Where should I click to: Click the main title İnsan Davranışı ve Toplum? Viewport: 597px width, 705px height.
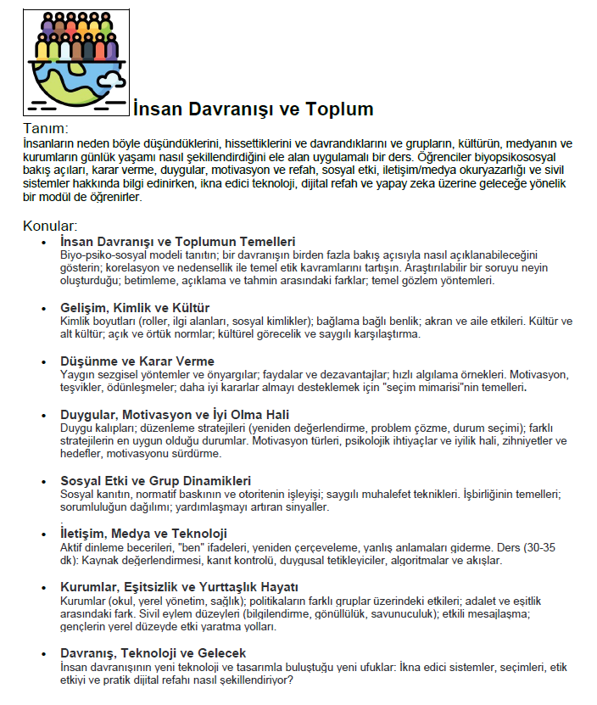(x=253, y=109)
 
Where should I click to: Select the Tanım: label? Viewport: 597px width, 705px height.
(x=45, y=128)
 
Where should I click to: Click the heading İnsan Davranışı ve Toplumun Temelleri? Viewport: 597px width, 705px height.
(x=178, y=242)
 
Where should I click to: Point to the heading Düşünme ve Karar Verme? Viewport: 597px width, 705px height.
(x=137, y=361)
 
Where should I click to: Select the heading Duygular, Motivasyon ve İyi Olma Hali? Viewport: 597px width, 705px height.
(x=176, y=415)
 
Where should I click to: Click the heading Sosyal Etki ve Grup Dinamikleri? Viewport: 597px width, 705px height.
(x=156, y=480)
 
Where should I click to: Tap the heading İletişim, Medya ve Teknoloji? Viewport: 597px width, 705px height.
(x=144, y=534)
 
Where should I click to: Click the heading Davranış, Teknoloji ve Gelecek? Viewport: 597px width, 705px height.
(x=153, y=652)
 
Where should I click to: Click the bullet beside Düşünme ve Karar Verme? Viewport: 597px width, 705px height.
(x=44, y=362)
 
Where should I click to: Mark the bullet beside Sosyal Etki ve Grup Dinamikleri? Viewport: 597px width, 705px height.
(x=44, y=481)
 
